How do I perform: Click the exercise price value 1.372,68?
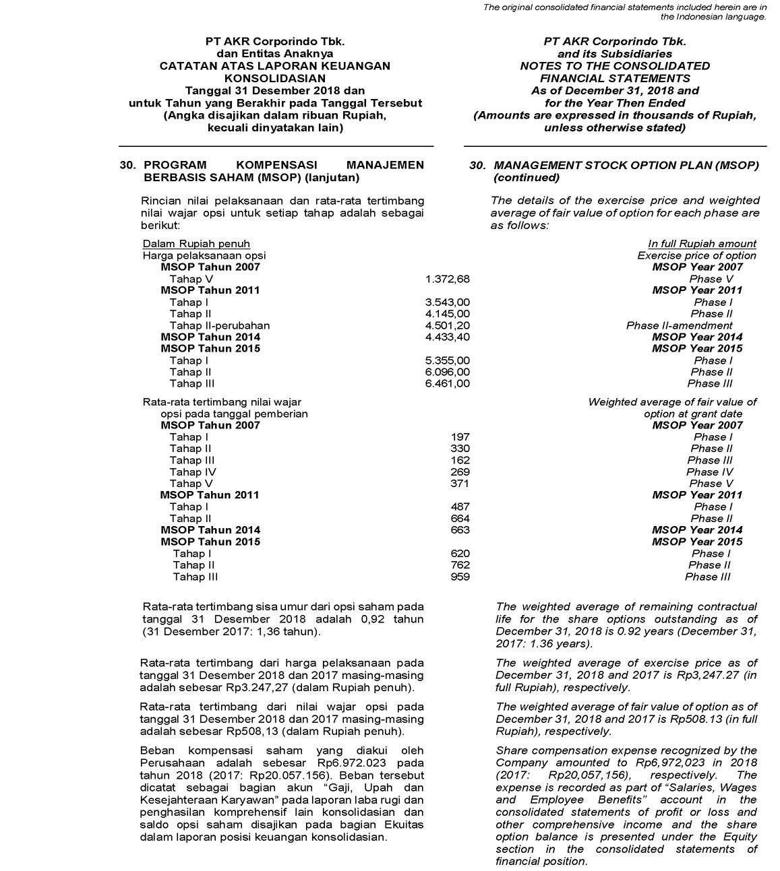point(447,279)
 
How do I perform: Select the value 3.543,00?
point(447,302)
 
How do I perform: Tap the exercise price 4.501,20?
point(447,325)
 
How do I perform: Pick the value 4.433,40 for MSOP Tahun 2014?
point(447,337)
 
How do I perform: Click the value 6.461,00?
point(447,384)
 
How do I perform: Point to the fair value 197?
point(460,437)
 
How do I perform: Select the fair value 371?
point(460,484)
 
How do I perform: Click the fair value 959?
point(460,577)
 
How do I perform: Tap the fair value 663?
point(460,530)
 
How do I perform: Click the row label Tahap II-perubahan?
point(219,325)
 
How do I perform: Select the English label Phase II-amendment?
point(679,325)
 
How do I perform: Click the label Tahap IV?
point(192,472)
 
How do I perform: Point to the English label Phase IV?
point(710,472)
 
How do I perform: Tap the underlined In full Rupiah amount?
point(702,244)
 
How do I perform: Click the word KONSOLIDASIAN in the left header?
point(274,78)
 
